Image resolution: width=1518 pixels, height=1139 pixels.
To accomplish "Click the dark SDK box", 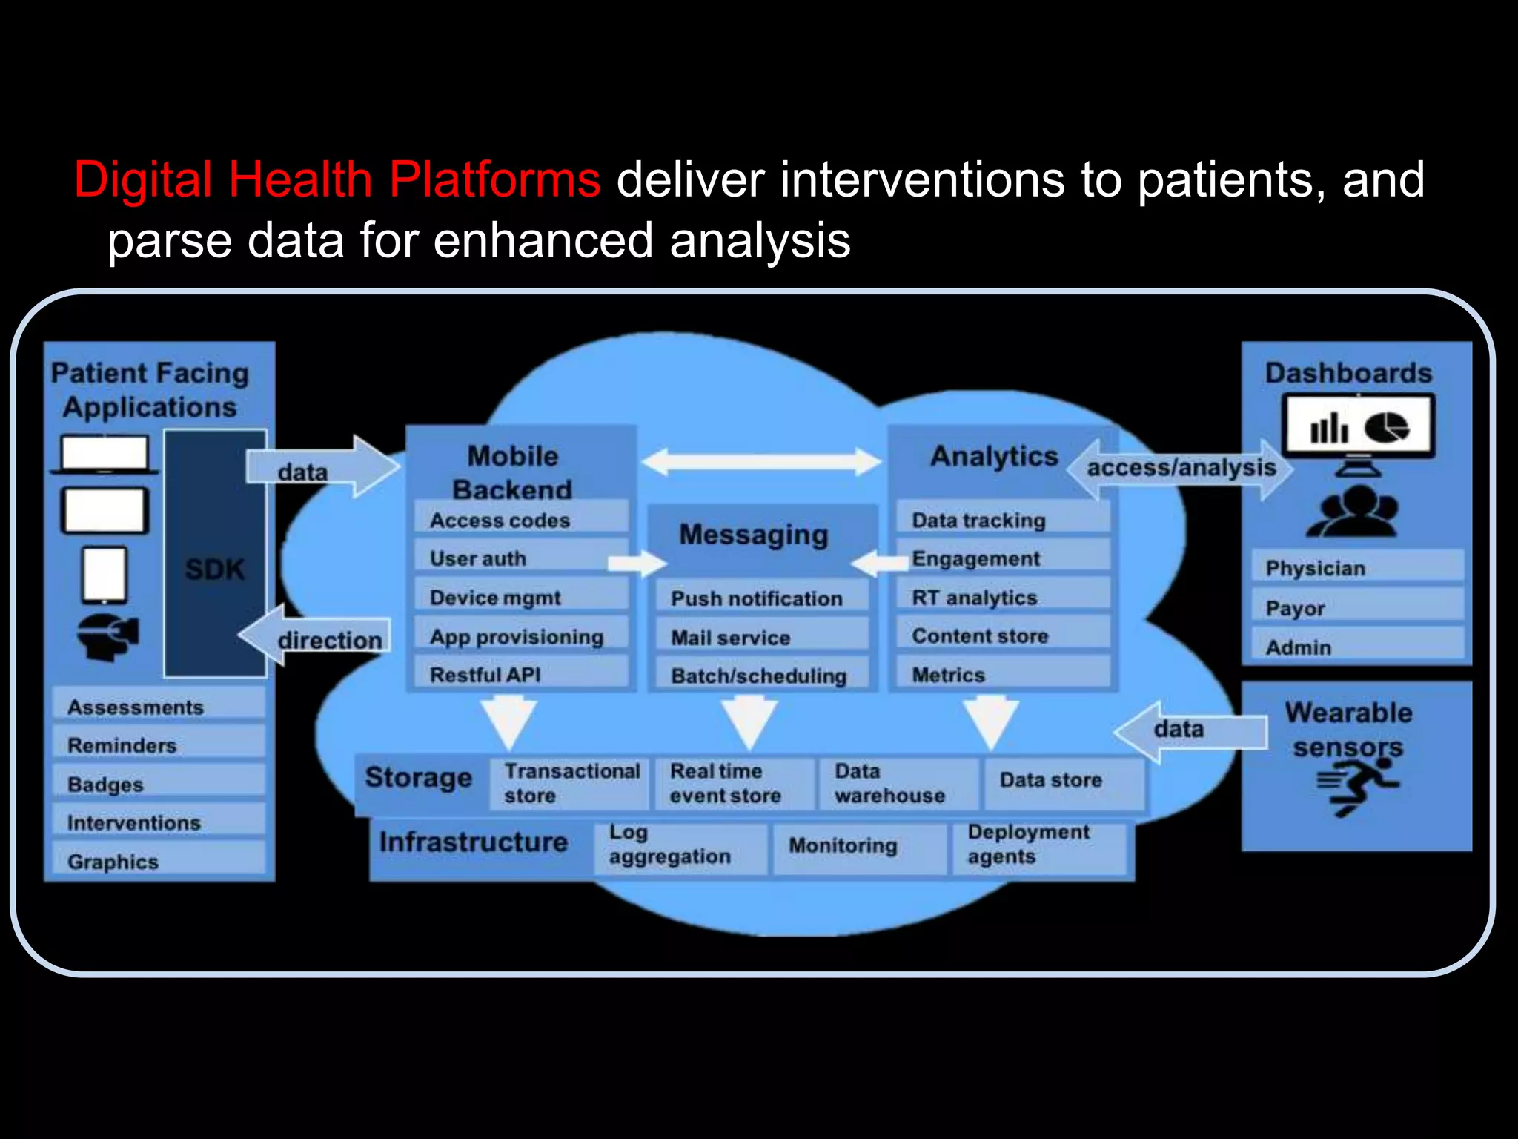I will pos(214,553).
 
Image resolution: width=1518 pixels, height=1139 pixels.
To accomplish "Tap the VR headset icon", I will pos(108,636).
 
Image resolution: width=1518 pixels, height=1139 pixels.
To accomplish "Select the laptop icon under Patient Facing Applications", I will pos(105,455).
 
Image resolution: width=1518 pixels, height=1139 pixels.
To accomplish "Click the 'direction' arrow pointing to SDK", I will pos(315,636).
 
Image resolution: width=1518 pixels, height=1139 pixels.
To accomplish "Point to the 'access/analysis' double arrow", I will pos(1180,469).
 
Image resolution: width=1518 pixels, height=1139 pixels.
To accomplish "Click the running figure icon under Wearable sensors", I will pos(1356,789).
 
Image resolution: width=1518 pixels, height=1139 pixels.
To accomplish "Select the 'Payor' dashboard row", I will pos(1356,608).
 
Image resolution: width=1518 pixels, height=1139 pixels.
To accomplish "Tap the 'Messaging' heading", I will pos(754,535).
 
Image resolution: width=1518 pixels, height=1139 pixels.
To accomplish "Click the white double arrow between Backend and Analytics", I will pos(761,461).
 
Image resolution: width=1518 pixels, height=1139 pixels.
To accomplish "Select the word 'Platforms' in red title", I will pos(494,179).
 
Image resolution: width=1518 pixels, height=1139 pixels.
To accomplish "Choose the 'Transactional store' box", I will pos(570,783).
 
